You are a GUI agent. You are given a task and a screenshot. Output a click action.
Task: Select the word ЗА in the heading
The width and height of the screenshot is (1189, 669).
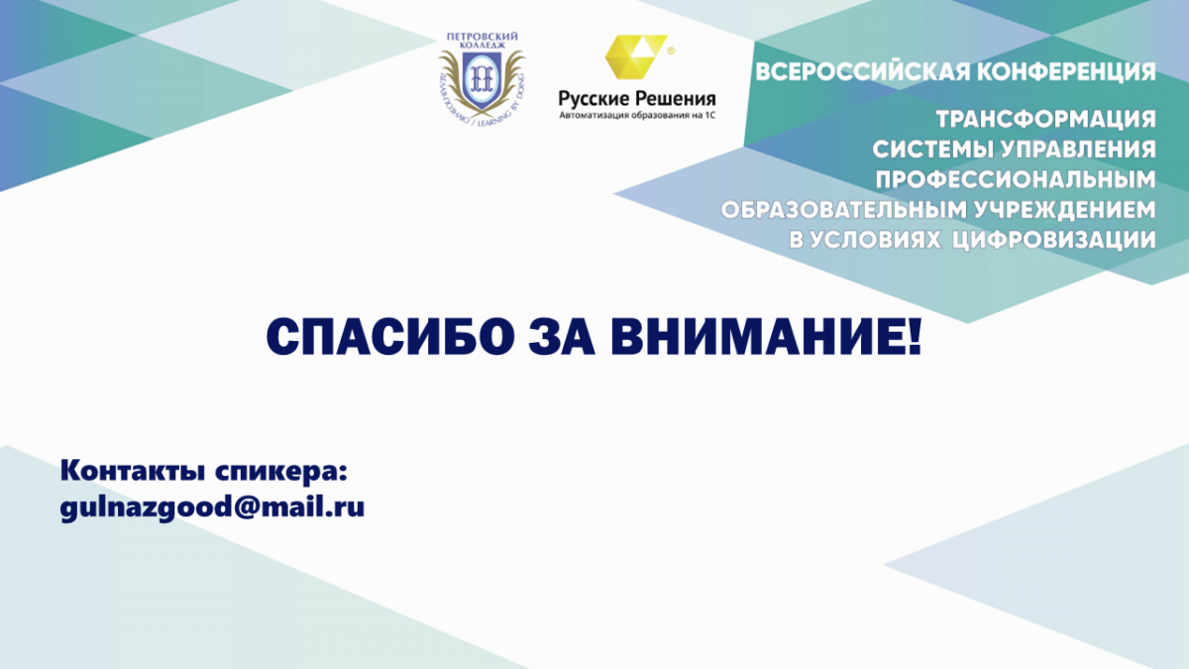(x=562, y=338)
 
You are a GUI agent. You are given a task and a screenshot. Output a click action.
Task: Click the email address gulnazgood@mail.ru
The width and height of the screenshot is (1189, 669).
(x=212, y=507)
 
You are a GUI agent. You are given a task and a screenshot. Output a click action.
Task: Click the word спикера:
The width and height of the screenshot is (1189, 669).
(x=281, y=472)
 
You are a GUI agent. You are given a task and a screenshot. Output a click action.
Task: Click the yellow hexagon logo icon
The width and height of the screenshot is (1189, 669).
(x=636, y=56)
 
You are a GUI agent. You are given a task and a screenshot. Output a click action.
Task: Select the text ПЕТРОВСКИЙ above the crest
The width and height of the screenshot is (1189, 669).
(x=482, y=37)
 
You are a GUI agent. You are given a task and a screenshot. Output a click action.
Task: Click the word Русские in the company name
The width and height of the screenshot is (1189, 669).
(x=594, y=99)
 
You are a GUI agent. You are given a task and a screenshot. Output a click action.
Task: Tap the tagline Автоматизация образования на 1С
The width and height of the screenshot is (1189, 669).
(x=637, y=115)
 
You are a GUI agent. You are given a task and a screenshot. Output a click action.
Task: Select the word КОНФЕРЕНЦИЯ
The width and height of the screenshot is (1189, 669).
(x=1066, y=72)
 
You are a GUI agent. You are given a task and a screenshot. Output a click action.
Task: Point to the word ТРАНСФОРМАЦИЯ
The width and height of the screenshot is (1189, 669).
(x=1045, y=119)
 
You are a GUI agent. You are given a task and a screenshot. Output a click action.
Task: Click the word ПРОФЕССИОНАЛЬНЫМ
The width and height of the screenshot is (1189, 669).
(x=1016, y=179)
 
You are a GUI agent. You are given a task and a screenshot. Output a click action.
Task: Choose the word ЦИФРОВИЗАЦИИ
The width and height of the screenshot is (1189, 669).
(x=1053, y=240)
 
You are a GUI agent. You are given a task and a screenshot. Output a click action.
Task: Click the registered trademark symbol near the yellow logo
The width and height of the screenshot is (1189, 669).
(x=671, y=51)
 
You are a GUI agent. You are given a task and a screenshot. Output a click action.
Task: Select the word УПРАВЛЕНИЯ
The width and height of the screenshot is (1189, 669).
(x=1078, y=150)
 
